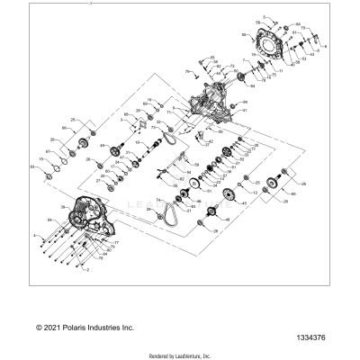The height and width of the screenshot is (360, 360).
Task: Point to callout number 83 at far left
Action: (x=33, y=167)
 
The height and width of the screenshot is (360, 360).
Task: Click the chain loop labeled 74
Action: (x=167, y=214)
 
